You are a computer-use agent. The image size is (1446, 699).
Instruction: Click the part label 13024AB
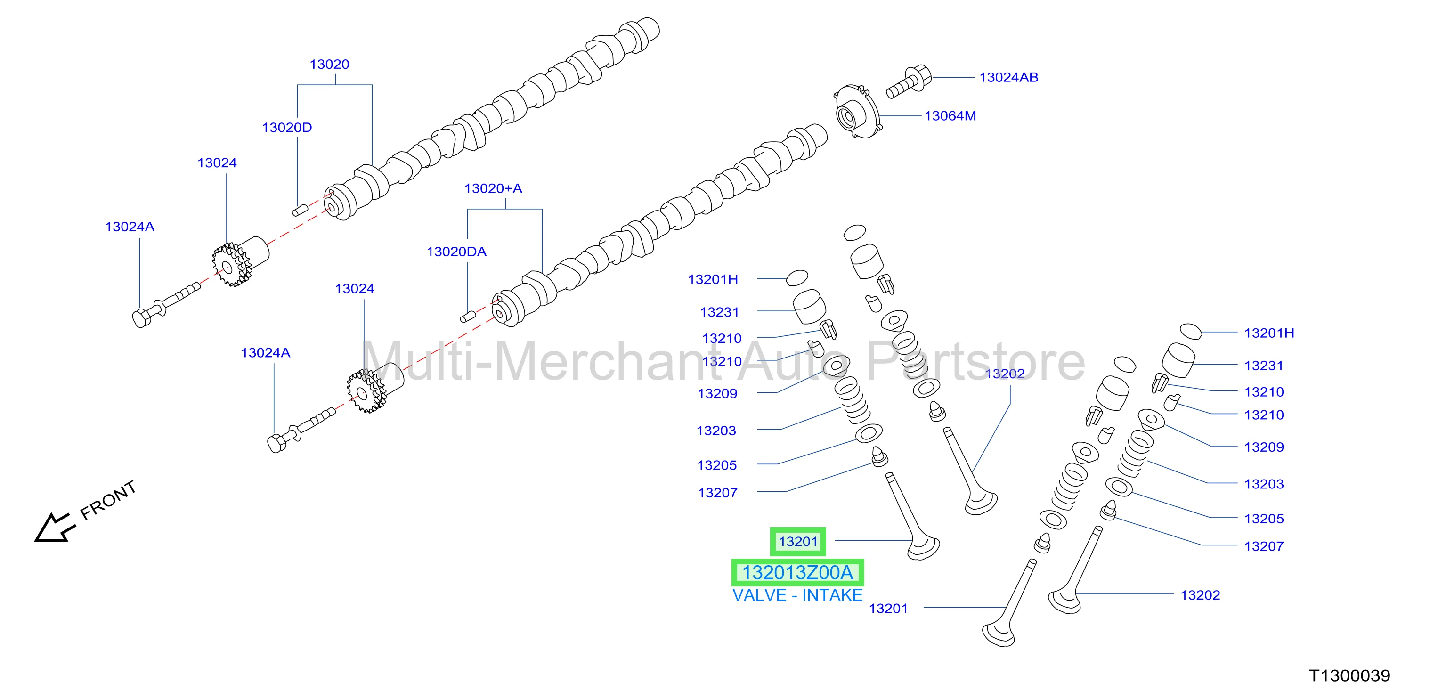pyautogui.click(x=1009, y=77)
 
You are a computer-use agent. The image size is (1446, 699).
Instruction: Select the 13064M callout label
pyautogui.click(x=950, y=116)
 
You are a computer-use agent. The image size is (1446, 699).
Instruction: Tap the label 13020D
pyautogui.click(x=287, y=128)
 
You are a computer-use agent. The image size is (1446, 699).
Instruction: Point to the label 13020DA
pyautogui.click(x=456, y=252)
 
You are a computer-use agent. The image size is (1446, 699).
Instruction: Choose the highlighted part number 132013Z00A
pyautogui.click(x=798, y=573)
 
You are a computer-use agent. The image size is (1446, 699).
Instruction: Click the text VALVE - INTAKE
pyautogui.click(x=798, y=595)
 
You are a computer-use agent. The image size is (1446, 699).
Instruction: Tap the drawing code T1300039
pyautogui.click(x=1349, y=675)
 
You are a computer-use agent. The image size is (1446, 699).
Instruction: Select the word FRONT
pyautogui.click(x=108, y=500)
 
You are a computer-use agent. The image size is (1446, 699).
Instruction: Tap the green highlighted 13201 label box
pyautogui.click(x=798, y=541)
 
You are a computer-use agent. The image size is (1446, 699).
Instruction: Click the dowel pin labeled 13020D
pyautogui.click(x=300, y=211)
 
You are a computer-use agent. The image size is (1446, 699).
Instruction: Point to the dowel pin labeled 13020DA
pyautogui.click(x=468, y=317)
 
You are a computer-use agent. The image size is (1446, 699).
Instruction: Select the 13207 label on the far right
pyautogui.click(x=1264, y=546)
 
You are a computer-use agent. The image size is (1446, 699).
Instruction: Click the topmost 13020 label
pyautogui.click(x=330, y=65)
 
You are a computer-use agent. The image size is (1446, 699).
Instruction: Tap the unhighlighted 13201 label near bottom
pyautogui.click(x=888, y=609)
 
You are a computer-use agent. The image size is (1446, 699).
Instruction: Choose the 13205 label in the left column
pyautogui.click(x=717, y=465)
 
